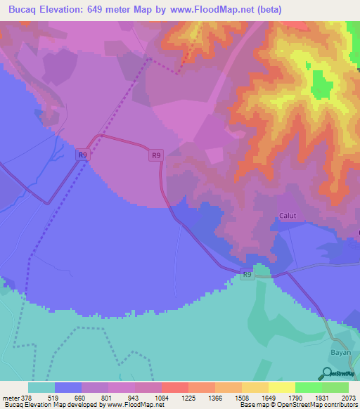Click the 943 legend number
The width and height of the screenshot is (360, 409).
tap(134, 397)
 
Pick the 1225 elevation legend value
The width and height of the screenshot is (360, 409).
tap(188, 397)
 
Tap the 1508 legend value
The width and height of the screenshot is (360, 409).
tap(242, 397)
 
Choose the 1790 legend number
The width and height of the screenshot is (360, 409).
tap(295, 397)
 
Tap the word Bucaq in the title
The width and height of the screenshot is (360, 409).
tap(26, 9)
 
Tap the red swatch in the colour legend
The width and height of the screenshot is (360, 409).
tap(175, 387)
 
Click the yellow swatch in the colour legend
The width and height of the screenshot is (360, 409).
tap(255, 387)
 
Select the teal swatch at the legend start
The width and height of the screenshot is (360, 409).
tap(41, 387)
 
